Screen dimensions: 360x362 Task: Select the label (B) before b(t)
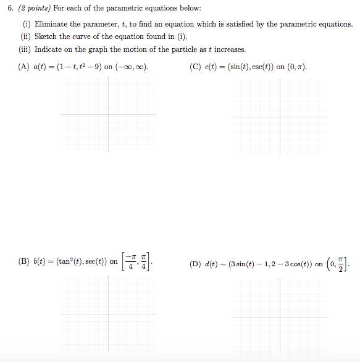tap(25, 261)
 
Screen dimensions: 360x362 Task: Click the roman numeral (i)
tap(27, 24)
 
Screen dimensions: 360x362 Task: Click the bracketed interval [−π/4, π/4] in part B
tap(136, 261)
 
